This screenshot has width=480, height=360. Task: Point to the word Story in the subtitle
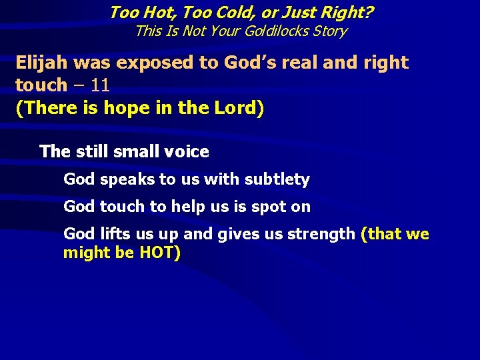point(328,31)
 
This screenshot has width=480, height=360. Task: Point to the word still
point(88,152)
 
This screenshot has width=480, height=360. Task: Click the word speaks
point(122,179)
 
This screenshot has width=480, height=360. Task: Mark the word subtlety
point(277,179)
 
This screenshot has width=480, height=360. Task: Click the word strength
point(323,234)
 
